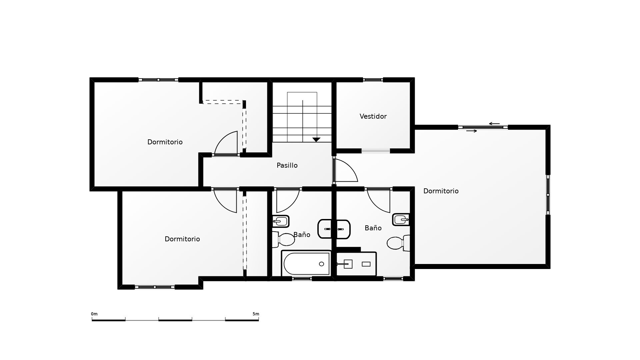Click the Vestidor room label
[373, 116]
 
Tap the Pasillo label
[287, 165]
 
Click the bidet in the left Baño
[281, 221]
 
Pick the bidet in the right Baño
[401, 219]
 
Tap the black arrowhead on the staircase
[316, 140]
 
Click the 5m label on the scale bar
[256, 314]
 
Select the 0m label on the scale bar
[94, 314]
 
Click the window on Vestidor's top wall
[373, 80]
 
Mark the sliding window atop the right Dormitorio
[483, 127]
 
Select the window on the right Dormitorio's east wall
[548, 195]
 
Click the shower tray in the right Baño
[356, 264]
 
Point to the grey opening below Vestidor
[376, 151]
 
